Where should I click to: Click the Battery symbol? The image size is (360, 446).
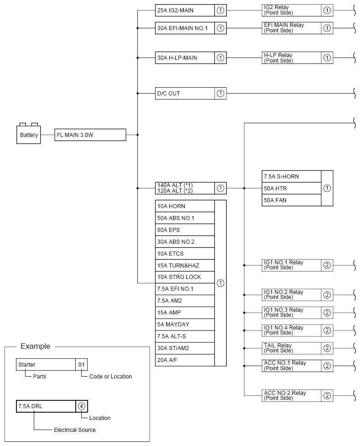tap(28, 135)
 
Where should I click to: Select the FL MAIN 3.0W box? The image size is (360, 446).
tap(90, 135)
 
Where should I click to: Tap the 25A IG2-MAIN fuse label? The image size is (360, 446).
tap(185, 10)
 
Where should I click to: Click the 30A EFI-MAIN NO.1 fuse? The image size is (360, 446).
tap(185, 28)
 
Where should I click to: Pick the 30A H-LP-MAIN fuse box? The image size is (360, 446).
tap(185, 58)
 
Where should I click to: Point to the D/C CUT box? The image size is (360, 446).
tap(185, 94)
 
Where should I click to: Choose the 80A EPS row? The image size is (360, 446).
tap(185, 230)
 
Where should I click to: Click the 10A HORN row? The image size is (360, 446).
tap(185, 206)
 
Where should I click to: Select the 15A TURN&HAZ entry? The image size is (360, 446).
tap(185, 265)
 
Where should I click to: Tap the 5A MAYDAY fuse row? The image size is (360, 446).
tap(185, 325)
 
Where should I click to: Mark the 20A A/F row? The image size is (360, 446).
tap(185, 360)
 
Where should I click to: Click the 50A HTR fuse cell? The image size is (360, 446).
tap(292, 188)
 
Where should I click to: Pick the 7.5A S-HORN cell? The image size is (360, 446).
tap(292, 177)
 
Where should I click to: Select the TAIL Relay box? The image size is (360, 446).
tap(292, 348)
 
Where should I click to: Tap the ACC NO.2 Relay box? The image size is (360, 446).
tap(292, 396)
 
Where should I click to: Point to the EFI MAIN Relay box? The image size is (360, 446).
tap(292, 28)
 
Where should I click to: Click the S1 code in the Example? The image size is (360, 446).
tap(82, 365)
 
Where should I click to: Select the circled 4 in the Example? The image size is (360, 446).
tap(81, 406)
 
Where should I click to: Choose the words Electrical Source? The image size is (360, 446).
tap(75, 430)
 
